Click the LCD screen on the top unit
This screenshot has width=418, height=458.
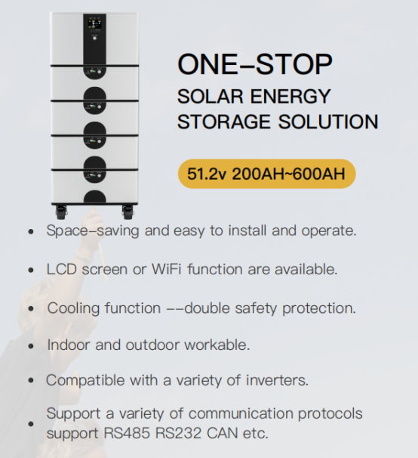coord(94,23)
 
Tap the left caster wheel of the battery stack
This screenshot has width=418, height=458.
coord(60,212)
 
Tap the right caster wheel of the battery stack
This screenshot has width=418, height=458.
coord(128,212)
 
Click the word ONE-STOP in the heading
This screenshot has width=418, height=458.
coord(255,64)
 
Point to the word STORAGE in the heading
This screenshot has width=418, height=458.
coord(224,122)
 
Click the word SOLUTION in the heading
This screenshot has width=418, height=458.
coord(328,122)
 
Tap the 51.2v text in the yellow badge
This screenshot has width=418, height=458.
coord(207,174)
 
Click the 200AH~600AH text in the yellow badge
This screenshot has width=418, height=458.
coord(288,174)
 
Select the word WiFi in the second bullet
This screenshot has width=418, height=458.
coord(166,269)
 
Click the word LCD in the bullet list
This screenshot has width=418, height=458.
coord(62,269)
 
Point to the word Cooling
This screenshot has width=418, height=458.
coord(73,308)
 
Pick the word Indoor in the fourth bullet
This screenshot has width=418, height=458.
coord(69,345)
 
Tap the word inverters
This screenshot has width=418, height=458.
coord(277,380)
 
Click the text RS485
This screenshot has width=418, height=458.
coord(127,433)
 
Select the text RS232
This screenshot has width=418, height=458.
coord(178,433)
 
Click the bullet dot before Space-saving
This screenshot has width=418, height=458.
coord(31,231)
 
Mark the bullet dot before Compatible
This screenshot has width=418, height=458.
coord(31,381)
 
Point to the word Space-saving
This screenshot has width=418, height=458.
coord(93,231)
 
